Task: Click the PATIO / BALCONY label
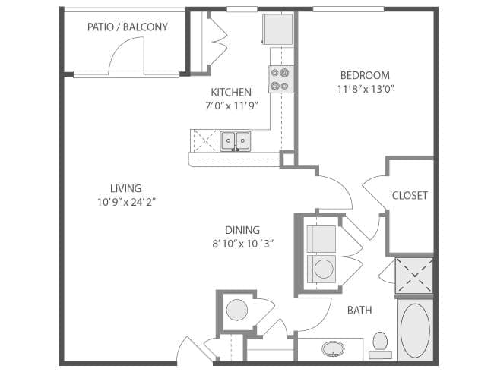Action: coord(127,27)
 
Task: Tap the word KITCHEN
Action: coord(231,92)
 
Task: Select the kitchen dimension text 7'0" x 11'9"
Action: coord(232,106)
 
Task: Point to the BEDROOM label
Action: coord(365,75)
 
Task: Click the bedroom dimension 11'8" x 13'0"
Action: coord(366,89)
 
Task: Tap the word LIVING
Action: coord(125,188)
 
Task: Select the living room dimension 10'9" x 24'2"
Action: coord(127,202)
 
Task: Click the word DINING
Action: coord(242,230)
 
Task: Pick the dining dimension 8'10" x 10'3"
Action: coord(242,244)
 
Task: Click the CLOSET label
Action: coord(410,195)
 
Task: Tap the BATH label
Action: coord(359,311)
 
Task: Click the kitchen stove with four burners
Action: coord(280,79)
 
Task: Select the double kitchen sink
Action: coord(235,140)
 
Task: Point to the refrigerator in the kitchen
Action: coord(277,30)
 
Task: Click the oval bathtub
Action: coord(415,330)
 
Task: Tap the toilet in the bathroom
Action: coord(380,345)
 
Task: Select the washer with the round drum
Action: coord(322,269)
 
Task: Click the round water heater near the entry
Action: coord(237,310)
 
